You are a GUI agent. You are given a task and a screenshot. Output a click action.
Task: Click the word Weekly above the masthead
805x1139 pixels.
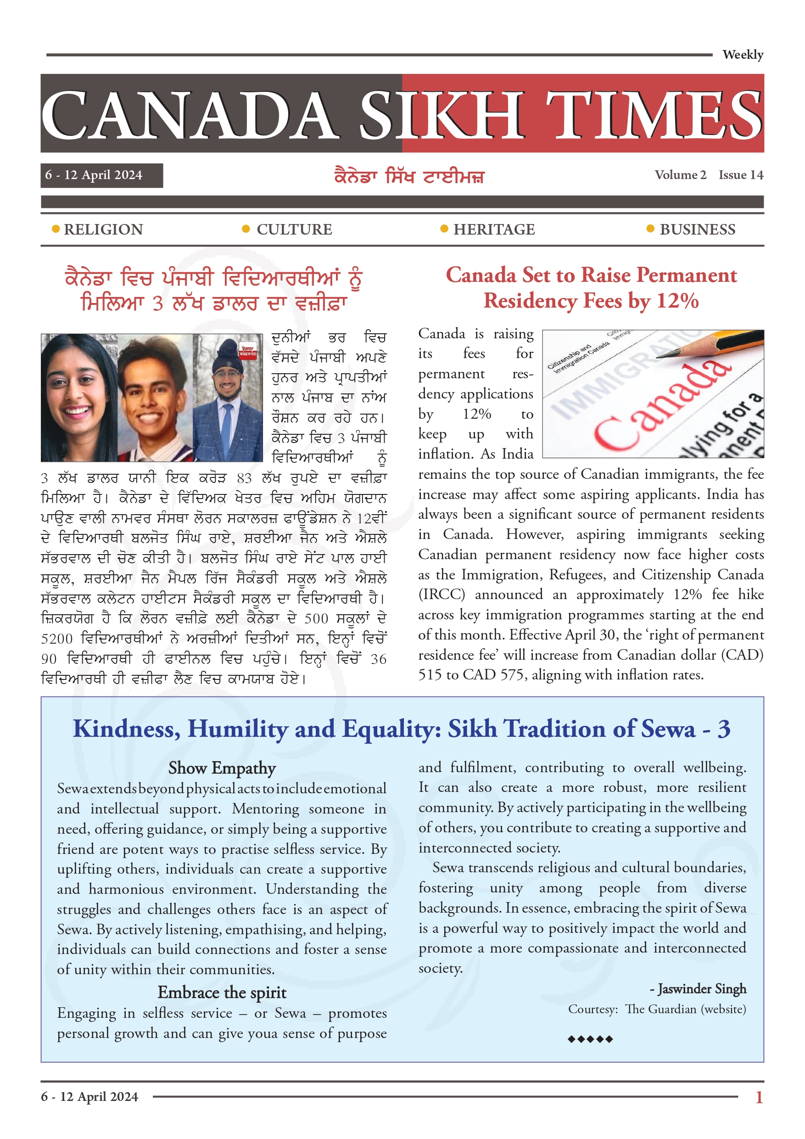(742, 55)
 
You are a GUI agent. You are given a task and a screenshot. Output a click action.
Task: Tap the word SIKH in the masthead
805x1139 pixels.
(441, 115)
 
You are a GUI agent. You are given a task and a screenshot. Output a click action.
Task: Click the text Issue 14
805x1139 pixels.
(741, 175)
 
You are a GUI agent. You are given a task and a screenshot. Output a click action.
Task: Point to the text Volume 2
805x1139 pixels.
(680, 175)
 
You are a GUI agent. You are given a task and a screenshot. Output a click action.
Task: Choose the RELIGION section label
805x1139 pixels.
(103, 230)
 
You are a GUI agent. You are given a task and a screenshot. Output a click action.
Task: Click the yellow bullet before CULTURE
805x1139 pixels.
(246, 229)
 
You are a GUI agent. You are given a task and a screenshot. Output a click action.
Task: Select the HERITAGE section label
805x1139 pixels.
(494, 230)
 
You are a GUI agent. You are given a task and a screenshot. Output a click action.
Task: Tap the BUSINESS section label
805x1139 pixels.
(697, 230)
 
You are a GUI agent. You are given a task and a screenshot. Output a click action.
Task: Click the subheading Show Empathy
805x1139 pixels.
(222, 768)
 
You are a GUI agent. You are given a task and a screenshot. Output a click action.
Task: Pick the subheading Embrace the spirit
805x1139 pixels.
(222, 993)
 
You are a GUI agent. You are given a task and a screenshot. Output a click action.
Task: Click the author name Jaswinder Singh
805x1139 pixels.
(701, 989)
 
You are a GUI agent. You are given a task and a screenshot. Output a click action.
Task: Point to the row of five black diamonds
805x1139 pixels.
(590, 1039)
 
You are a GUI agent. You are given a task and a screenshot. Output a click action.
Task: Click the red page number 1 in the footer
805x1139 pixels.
(759, 1097)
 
